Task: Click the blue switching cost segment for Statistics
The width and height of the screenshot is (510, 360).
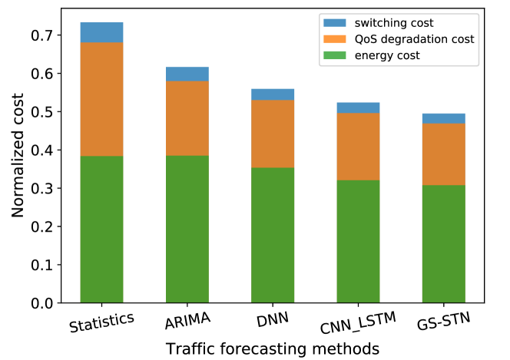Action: pyautogui.click(x=101, y=32)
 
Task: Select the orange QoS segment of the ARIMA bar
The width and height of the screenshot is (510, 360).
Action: pyautogui.click(x=187, y=118)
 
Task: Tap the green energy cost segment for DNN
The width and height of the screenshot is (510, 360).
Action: pyautogui.click(x=273, y=235)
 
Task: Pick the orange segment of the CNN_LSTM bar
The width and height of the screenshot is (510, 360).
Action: pyautogui.click(x=358, y=147)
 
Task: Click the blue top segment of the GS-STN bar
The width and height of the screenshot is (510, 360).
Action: pyautogui.click(x=443, y=118)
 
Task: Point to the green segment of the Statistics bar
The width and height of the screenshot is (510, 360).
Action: pyautogui.click(x=101, y=230)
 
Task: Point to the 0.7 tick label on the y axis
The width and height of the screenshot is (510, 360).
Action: pyautogui.click(x=43, y=35)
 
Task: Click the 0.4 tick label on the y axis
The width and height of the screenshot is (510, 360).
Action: pyautogui.click(x=43, y=150)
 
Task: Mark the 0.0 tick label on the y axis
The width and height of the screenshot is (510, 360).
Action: pyautogui.click(x=43, y=303)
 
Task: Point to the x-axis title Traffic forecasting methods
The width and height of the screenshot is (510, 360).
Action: pyautogui.click(x=273, y=348)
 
